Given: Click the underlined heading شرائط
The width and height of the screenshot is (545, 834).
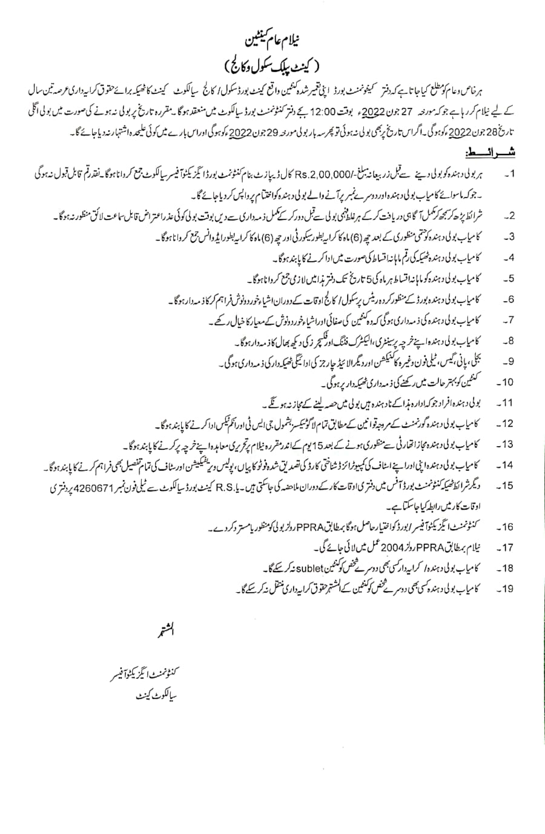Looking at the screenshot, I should pos(492,149).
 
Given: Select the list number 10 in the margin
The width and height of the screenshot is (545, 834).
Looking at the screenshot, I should pos(506,382).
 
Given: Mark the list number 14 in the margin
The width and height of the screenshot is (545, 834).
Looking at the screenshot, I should pos(506,465).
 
